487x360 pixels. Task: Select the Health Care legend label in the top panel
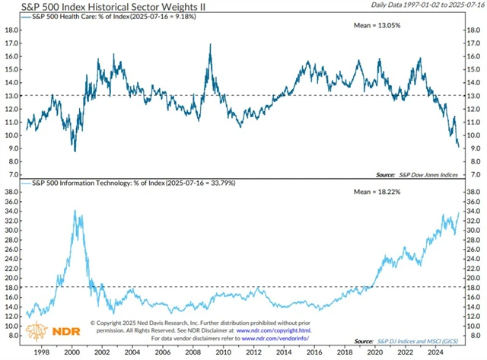pos(113,17)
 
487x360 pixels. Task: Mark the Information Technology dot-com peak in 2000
pos(76,211)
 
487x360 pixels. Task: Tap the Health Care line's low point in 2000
pos(75,151)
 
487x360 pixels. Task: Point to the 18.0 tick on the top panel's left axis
pos(12,30)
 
